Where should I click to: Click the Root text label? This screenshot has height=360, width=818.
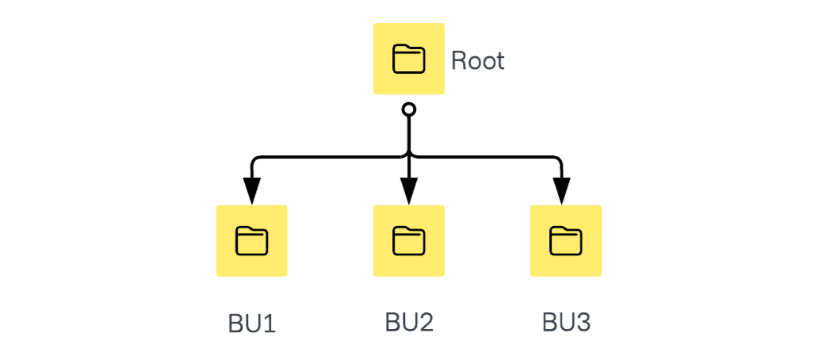click(x=477, y=61)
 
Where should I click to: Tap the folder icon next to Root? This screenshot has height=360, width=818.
click(x=409, y=59)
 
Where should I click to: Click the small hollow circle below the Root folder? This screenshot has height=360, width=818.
click(x=409, y=109)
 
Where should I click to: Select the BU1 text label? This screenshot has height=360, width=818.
click(x=252, y=324)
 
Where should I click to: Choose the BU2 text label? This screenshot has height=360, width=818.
click(x=409, y=322)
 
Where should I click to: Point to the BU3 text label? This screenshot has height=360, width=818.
click(x=566, y=322)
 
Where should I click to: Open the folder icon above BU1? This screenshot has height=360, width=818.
click(x=252, y=241)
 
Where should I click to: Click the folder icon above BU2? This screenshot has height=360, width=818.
click(x=409, y=241)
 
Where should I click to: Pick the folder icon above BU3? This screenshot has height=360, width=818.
click(x=566, y=241)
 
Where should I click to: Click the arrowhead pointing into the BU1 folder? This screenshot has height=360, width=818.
click(x=252, y=191)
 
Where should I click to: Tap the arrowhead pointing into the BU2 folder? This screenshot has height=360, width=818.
click(x=409, y=191)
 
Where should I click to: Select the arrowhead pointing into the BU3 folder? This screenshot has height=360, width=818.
click(x=561, y=191)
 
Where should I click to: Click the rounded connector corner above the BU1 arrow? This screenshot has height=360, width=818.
click(x=255, y=161)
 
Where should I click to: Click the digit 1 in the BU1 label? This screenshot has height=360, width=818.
click(x=269, y=324)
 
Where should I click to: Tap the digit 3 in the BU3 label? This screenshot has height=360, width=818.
click(x=583, y=322)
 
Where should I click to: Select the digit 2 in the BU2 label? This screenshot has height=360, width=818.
click(x=426, y=322)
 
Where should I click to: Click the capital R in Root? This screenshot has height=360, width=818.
click(x=459, y=61)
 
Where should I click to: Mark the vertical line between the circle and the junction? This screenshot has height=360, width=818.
click(x=409, y=133)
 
